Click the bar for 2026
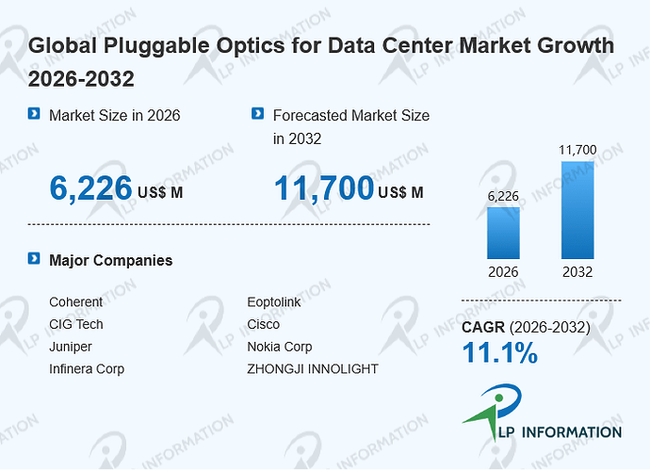tap(503, 233)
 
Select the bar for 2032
tap(577, 210)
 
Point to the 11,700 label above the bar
tap(577, 150)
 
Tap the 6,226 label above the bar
tap(503, 196)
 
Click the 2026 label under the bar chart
tap(503, 272)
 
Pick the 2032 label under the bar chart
tap(577, 272)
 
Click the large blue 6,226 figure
tap(90, 188)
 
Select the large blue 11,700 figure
tap(324, 188)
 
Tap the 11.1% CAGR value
tap(500, 352)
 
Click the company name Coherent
tap(76, 301)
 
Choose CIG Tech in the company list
tap(76, 324)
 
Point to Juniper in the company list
tap(71, 347)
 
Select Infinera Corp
tap(87, 369)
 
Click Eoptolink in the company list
tap(274, 301)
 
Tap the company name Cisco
tap(264, 324)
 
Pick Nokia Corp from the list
tap(280, 347)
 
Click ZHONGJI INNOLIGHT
tap(313, 369)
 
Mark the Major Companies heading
tap(110, 260)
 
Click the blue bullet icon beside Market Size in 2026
tap(34, 113)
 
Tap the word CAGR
tap(483, 327)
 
